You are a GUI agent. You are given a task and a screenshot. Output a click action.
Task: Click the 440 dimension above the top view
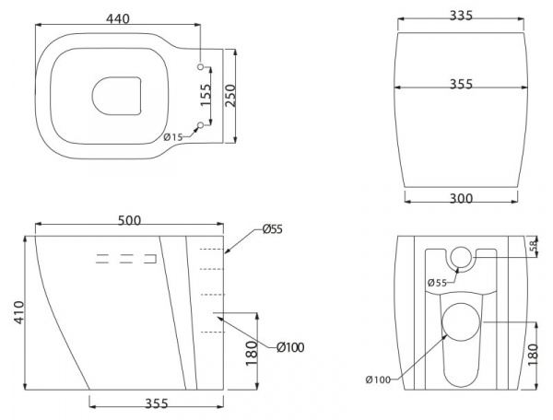click(x=118, y=18)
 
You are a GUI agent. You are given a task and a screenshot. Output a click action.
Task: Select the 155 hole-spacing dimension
click(x=205, y=95)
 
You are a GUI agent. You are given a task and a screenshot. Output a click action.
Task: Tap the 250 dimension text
click(x=229, y=95)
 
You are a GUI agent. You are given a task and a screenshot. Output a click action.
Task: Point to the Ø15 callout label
click(x=173, y=136)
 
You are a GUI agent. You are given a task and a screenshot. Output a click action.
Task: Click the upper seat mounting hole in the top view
click(x=201, y=67)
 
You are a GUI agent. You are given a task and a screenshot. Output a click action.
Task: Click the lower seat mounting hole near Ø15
click(x=201, y=125)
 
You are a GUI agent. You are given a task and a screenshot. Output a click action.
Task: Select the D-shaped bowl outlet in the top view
click(x=117, y=96)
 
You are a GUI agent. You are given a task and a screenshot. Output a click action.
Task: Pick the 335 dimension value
click(x=461, y=16)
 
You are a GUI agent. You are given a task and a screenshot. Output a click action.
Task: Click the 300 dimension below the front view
click(x=461, y=198)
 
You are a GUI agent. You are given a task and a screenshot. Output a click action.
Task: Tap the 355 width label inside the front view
click(x=461, y=84)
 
